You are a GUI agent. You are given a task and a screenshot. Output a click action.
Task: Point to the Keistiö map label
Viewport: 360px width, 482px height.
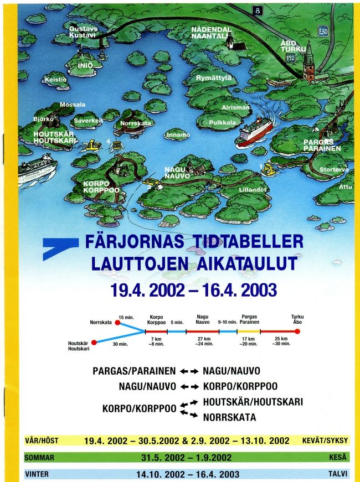click(x=55, y=80)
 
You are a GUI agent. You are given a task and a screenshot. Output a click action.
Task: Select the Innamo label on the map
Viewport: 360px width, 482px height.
click(x=178, y=134)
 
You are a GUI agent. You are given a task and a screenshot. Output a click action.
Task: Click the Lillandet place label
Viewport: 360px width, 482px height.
click(x=252, y=189)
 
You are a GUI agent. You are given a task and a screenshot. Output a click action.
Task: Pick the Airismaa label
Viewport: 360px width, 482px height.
click(x=235, y=107)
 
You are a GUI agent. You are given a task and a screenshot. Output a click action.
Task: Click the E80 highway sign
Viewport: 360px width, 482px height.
click(x=323, y=32)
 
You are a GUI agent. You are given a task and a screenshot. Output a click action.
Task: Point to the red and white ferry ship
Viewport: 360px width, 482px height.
click(x=255, y=130)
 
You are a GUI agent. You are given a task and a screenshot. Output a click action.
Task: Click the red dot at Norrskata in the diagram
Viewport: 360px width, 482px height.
click(x=117, y=322)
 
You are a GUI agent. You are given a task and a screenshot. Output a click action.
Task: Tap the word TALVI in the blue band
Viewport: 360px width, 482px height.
click(x=338, y=474)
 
